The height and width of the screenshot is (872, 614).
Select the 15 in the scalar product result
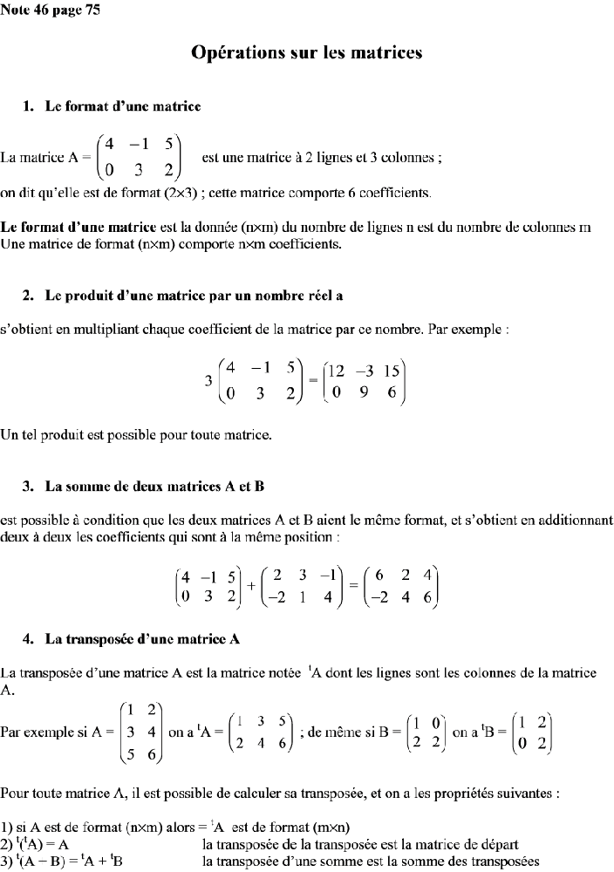tap(392, 369)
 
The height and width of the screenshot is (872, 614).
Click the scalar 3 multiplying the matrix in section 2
tap(208, 380)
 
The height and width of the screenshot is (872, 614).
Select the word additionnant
tap(571, 521)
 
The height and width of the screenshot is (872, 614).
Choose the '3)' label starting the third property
tap(6, 862)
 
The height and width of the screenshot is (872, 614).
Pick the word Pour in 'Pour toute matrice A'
tap(15, 794)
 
